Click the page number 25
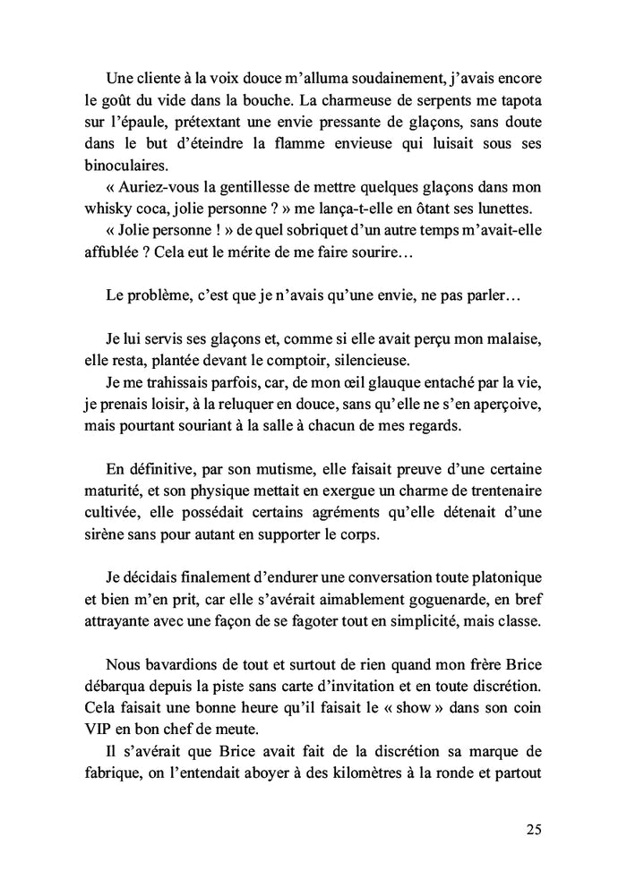pyautogui.click(x=533, y=829)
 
